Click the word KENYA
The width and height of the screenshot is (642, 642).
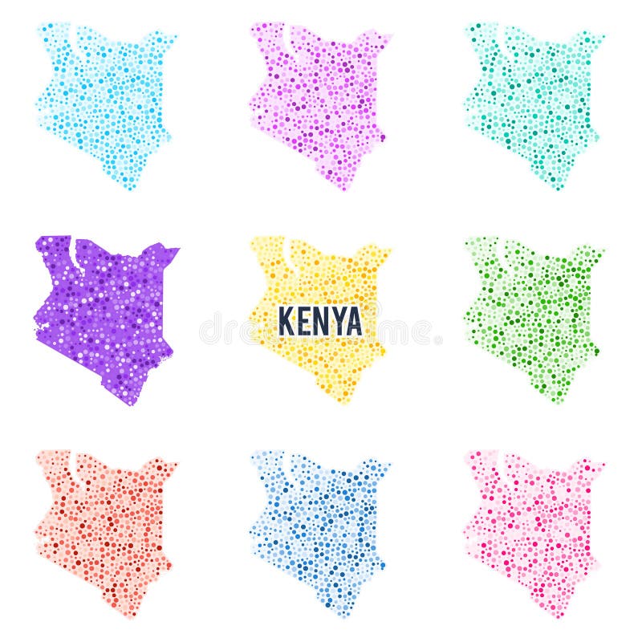[x=320, y=321]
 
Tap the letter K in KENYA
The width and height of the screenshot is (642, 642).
[x=286, y=321]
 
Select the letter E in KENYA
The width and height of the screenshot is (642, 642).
[x=302, y=321]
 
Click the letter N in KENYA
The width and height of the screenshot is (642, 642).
[x=319, y=321]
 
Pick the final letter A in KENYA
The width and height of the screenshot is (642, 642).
[x=353, y=321]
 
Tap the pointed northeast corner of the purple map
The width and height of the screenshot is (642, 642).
[x=177, y=250]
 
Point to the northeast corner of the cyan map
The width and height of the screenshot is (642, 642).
[x=174, y=36]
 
